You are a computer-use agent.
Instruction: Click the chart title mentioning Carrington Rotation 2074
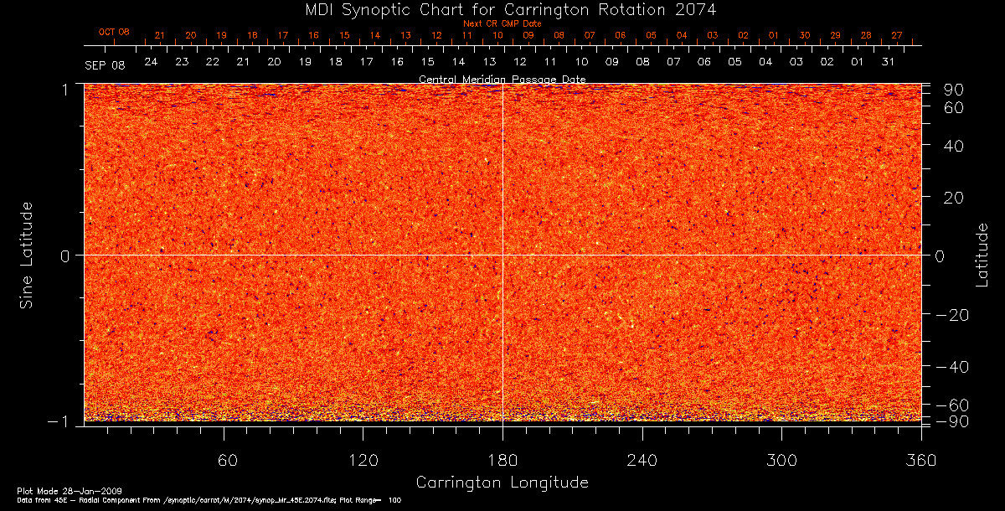coord(502,9)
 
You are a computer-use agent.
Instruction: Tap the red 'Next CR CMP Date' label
coord(502,23)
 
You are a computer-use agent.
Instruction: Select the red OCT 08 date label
coord(114,33)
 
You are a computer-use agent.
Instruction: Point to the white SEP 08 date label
coord(106,65)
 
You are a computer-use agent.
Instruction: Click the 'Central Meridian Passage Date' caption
coord(502,80)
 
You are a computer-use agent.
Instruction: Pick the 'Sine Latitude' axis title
coord(27,255)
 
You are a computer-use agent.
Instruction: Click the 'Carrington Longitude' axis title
coord(502,483)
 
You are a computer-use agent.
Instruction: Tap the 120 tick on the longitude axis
coord(363,461)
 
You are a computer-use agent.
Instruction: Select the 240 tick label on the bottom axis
coord(642,461)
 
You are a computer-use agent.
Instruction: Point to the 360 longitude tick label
coord(920,461)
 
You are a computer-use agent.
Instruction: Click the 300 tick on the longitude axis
coord(781,461)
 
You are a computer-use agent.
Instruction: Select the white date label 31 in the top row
coord(888,63)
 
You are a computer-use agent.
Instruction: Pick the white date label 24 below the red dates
coord(151,63)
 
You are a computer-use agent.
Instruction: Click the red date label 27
coord(896,35)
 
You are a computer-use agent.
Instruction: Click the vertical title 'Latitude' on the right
coord(983,255)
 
